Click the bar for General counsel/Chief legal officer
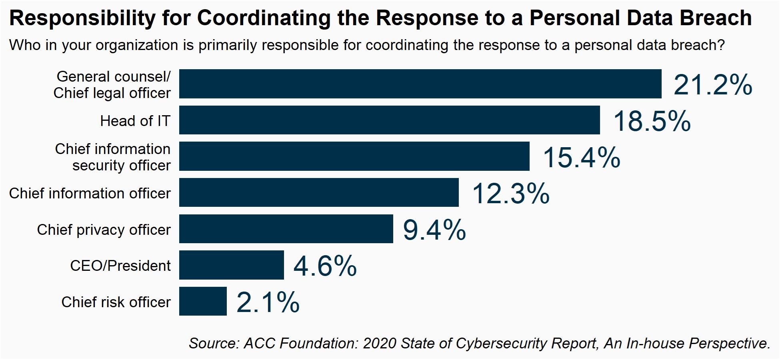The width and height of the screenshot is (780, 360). click(x=420, y=84)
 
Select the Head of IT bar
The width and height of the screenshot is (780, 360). click(x=389, y=120)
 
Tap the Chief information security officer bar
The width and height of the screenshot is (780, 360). click(x=354, y=156)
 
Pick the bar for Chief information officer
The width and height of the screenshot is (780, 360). click(x=319, y=192)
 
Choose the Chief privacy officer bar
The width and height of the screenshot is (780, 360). click(x=286, y=229)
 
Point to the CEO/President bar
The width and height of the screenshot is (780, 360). click(x=231, y=265)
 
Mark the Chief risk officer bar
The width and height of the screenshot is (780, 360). click(x=203, y=301)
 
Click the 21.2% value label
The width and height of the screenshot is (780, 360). click(x=713, y=85)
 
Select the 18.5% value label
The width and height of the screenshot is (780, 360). click(x=652, y=121)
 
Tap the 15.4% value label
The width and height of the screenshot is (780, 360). click(x=581, y=158)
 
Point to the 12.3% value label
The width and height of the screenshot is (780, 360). click(x=511, y=194)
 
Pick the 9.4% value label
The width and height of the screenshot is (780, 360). click(x=434, y=230)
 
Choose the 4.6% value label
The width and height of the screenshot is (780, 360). click(x=325, y=266)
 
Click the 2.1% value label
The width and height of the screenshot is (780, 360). click(x=268, y=302)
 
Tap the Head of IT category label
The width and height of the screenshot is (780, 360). click(x=135, y=121)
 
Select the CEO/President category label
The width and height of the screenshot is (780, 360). click(x=120, y=266)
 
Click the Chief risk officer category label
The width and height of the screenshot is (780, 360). click(x=116, y=302)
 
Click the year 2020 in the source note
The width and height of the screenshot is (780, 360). click(x=380, y=343)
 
